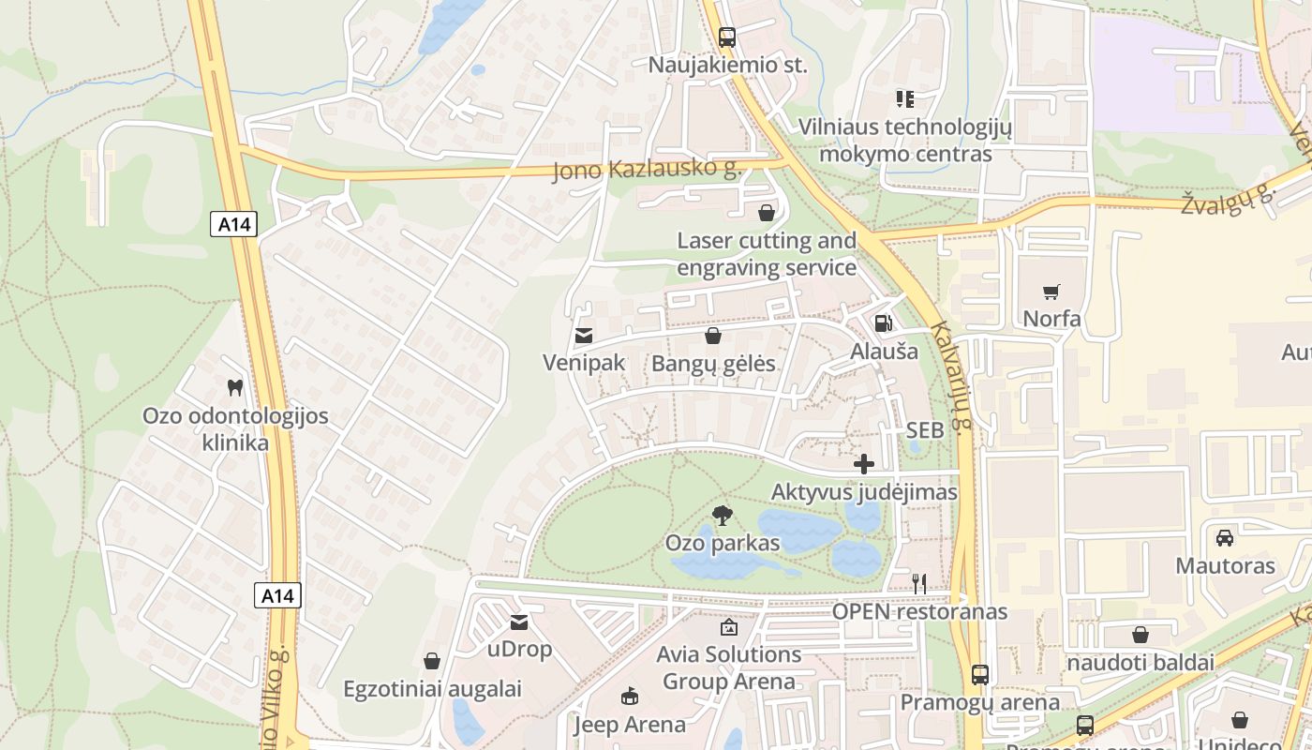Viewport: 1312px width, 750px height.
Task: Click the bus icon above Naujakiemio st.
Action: pyautogui.click(x=727, y=37)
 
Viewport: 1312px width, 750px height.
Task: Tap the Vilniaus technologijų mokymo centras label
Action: pyautogui.click(x=905, y=140)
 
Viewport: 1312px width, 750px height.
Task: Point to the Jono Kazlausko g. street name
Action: pyautogui.click(x=647, y=170)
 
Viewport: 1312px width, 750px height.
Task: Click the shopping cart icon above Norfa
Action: pyautogui.click(x=1051, y=292)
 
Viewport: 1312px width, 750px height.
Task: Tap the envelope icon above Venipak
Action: pyautogui.click(x=584, y=335)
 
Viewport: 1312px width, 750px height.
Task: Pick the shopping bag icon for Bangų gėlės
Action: pyautogui.click(x=713, y=336)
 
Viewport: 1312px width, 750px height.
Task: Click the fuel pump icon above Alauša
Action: pyautogui.click(x=883, y=323)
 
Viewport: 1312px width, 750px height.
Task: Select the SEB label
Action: pyautogui.click(x=925, y=431)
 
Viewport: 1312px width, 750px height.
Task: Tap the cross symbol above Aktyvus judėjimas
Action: pyautogui.click(x=864, y=463)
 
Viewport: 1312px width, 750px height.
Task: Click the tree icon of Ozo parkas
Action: pyautogui.click(x=722, y=515)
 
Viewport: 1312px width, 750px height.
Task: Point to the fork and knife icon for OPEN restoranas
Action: pyautogui.click(x=919, y=583)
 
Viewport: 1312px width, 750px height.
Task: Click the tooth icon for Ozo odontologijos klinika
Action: pyautogui.click(x=235, y=386)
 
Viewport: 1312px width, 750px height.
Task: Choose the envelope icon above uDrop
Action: pyautogui.click(x=519, y=622)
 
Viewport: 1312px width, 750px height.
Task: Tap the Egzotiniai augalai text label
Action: pyautogui.click(x=432, y=689)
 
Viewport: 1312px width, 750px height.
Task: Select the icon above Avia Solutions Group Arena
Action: pyautogui.click(x=728, y=626)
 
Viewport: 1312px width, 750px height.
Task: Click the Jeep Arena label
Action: pyautogui.click(x=629, y=725)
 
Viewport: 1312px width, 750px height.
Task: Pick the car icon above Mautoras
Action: pyautogui.click(x=1225, y=537)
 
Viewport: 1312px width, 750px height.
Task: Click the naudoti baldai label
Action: pyautogui.click(x=1141, y=662)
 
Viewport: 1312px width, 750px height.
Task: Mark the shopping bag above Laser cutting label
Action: pyautogui.click(x=767, y=213)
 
